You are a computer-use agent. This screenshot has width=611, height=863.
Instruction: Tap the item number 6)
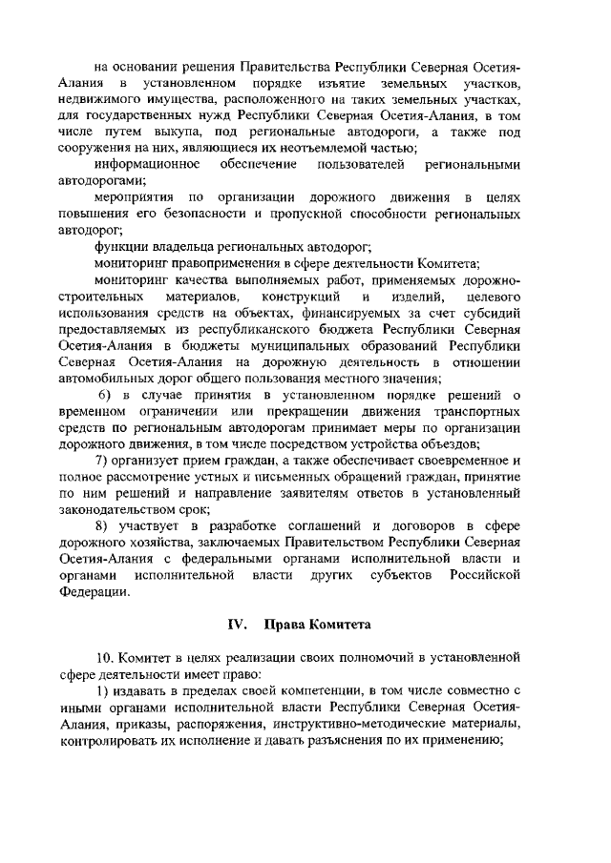[x=110, y=394]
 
